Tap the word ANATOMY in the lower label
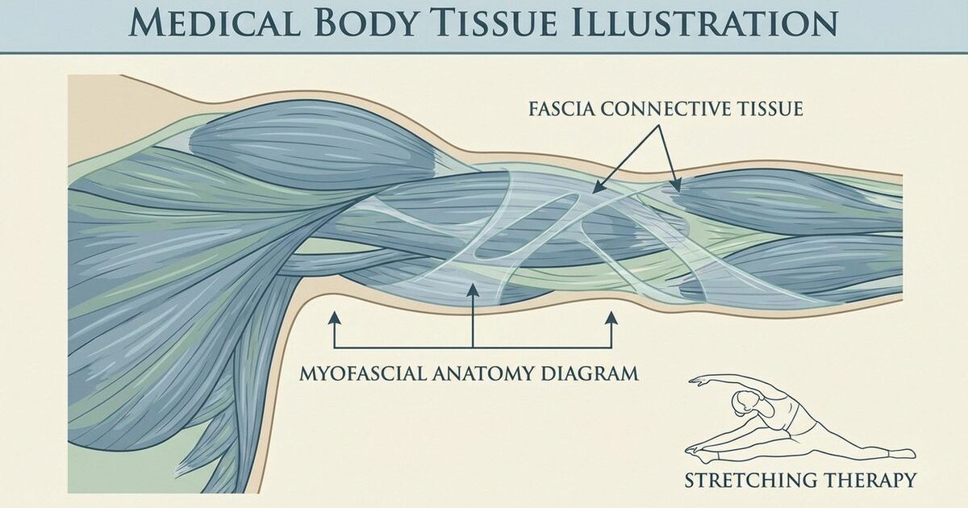click(496, 373)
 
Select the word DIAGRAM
click(593, 373)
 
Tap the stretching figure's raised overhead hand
click(691, 379)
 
